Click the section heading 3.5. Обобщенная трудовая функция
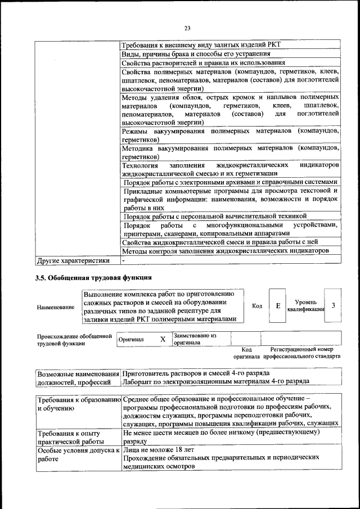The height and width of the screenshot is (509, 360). (93, 277)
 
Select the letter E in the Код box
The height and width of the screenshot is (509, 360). (278, 305)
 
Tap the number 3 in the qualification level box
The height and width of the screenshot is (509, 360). (334, 305)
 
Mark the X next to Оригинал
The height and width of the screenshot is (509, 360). (163, 340)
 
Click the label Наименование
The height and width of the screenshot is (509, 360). (56, 307)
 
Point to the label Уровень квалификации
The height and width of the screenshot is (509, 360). (305, 305)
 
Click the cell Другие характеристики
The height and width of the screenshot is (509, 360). (73, 260)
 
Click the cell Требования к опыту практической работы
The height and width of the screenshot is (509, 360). (68, 436)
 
